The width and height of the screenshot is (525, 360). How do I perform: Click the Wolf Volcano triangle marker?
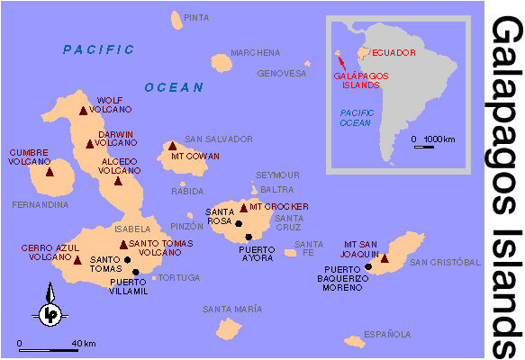click(x=84, y=112)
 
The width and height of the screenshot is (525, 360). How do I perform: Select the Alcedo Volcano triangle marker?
click(x=117, y=180)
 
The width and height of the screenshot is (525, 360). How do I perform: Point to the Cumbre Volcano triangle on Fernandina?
click(x=50, y=171)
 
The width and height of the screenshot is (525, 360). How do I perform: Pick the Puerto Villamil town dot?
click(x=136, y=271)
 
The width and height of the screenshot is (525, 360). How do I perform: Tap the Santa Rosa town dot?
click(x=239, y=221)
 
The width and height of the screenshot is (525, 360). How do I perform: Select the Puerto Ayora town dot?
click(x=249, y=237)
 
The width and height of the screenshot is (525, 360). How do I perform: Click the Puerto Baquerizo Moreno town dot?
click(x=368, y=267)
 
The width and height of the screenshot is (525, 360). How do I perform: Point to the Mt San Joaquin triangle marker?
click(x=385, y=258)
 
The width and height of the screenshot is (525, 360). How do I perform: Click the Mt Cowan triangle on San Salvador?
click(x=173, y=146)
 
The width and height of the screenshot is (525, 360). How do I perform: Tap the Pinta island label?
click(x=195, y=17)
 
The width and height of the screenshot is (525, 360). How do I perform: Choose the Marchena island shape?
click(x=222, y=62)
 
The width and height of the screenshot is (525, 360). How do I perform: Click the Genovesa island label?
click(x=282, y=74)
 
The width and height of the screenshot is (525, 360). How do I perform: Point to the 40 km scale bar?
click(x=45, y=349)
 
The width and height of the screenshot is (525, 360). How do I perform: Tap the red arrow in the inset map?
click(x=340, y=61)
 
